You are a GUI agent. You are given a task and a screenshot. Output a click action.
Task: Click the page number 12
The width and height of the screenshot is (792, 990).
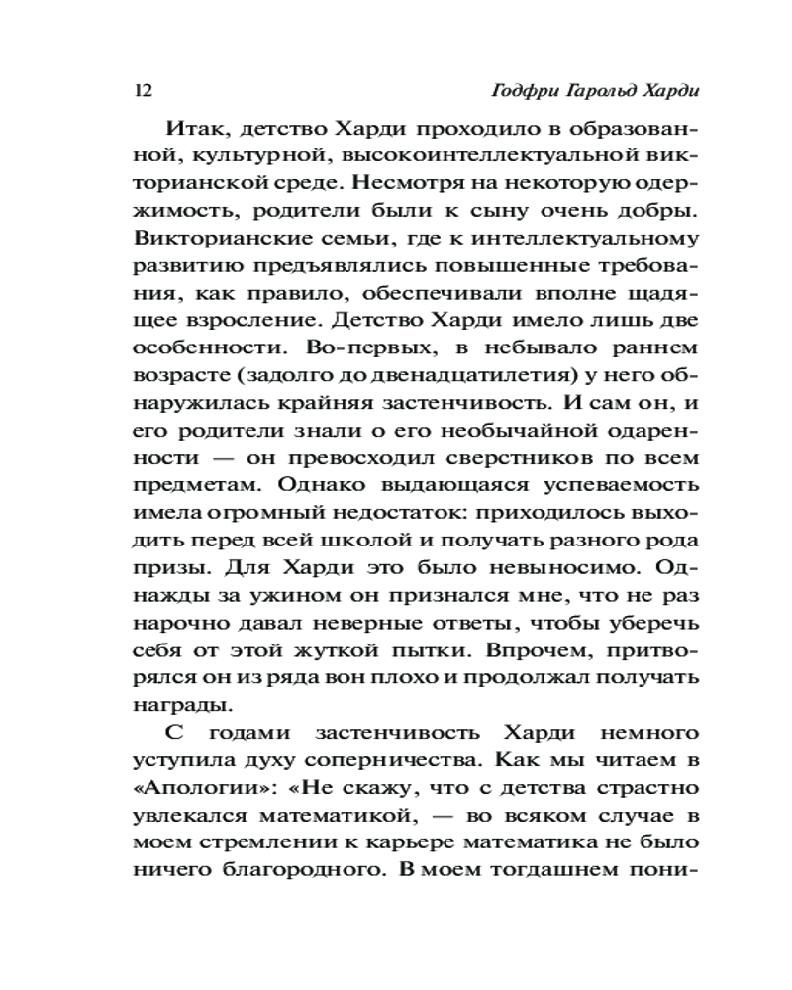click(x=140, y=91)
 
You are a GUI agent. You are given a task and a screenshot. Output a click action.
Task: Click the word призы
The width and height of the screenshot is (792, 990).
click(x=162, y=569)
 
